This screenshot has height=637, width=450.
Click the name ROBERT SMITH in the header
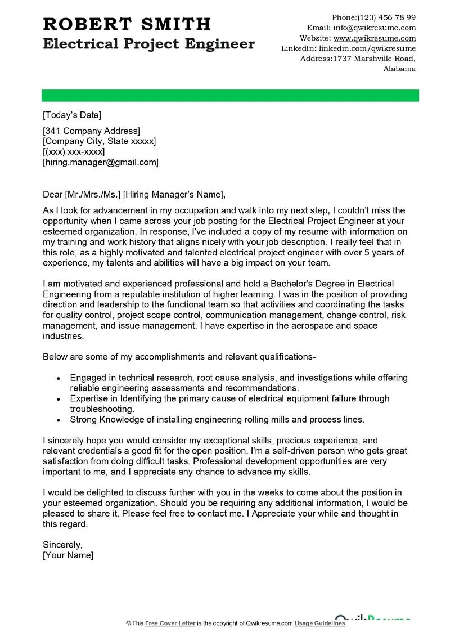pos(127,24)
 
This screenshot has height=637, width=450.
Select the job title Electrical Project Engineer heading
pos(148,44)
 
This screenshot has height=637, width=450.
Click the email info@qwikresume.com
pos(375,28)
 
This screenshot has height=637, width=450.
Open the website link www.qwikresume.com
pos(375,38)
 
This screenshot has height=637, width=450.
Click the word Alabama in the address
pos(399,69)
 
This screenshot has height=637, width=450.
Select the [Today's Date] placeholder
pos(72,115)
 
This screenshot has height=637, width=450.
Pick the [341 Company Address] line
pos(91,131)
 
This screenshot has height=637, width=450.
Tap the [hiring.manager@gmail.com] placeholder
pos(101,162)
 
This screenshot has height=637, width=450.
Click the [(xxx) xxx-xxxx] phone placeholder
pos(74,152)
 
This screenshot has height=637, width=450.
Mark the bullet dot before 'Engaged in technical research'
pos(58,378)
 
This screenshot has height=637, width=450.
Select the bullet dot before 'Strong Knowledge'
pos(58,420)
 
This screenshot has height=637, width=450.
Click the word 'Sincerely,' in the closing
pos(63,545)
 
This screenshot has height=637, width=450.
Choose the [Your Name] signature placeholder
pos(68,555)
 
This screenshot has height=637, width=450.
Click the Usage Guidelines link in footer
pos(320,623)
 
